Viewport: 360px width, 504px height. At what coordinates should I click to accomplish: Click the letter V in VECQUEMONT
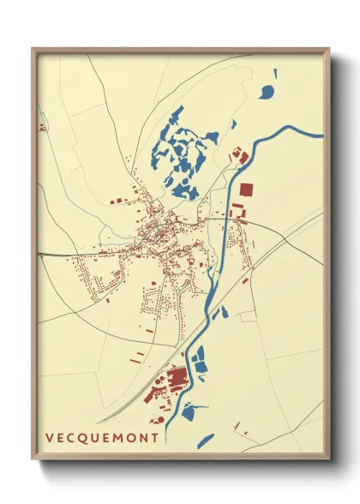pyautogui.click(x=50, y=438)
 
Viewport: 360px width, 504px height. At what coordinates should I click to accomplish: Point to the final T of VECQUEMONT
pyautogui.click(x=154, y=438)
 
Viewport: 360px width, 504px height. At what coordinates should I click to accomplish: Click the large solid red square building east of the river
pyautogui.click(x=247, y=189)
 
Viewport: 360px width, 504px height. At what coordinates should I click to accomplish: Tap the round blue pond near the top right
pyautogui.click(x=267, y=92)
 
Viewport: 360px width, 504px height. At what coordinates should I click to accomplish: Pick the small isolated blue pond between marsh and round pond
pyautogui.click(x=233, y=124)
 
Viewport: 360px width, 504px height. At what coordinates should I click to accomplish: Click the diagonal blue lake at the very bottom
pyautogui.click(x=206, y=440)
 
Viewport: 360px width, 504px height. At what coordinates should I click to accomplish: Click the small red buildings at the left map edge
pyautogui.click(x=41, y=128)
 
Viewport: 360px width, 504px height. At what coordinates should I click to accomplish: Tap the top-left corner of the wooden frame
pyautogui.click(x=33, y=50)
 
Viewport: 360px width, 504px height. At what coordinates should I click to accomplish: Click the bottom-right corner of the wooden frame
pyautogui.click(x=328, y=460)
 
